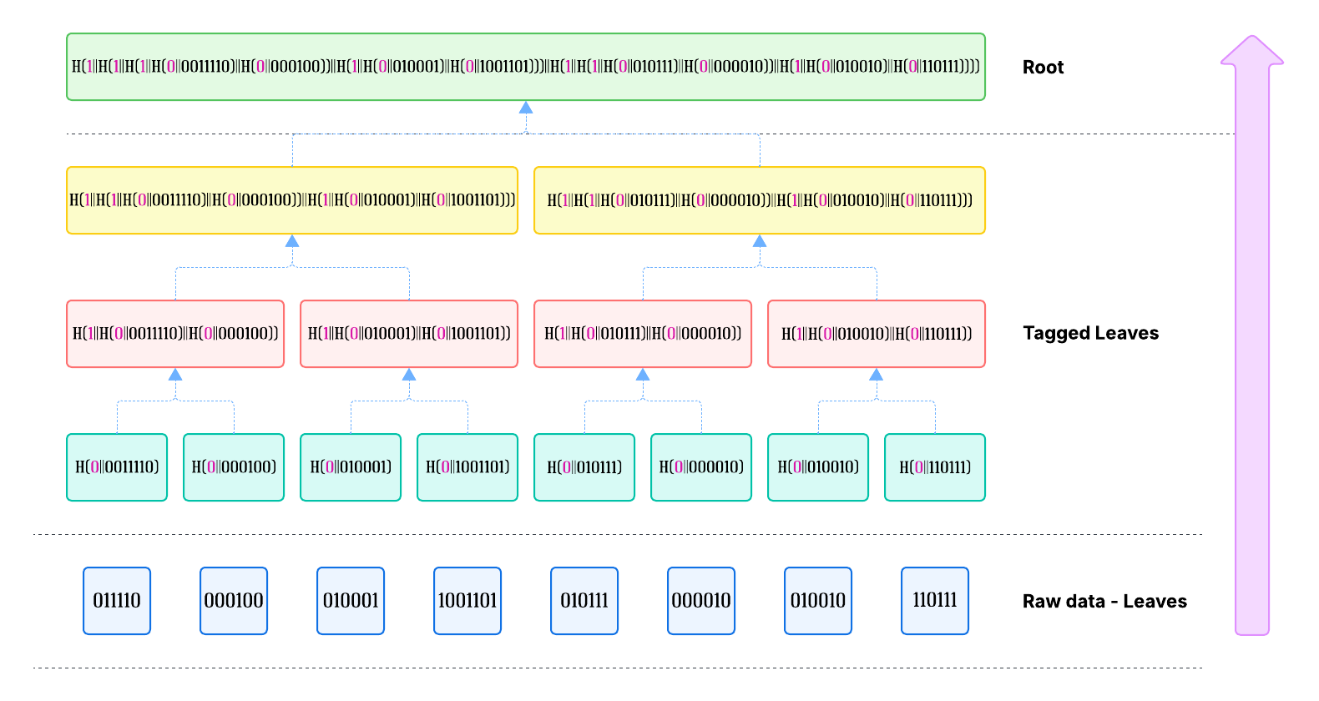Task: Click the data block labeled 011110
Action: [x=117, y=601]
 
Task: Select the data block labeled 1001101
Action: [x=467, y=601]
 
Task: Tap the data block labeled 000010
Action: [x=701, y=601]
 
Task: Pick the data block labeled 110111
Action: [x=935, y=601]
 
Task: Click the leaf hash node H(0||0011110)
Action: [x=117, y=467]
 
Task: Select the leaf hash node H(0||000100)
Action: [x=234, y=467]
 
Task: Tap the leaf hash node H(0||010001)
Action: [x=351, y=467]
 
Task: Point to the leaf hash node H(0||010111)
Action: [x=584, y=467]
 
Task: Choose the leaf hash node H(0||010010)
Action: [x=818, y=467]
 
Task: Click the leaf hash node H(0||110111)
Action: [x=935, y=467]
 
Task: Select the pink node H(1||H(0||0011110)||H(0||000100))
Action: [x=175, y=334]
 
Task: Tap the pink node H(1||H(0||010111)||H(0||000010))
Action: [x=643, y=334]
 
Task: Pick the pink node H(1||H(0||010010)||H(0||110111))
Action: [x=877, y=334]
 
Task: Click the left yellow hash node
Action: [x=292, y=200]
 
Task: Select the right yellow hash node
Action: [x=760, y=200]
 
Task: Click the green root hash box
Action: [x=526, y=67]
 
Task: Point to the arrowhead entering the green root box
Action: [x=526, y=108]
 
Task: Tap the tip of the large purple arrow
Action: [x=1252, y=38]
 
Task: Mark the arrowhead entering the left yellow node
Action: [x=292, y=241]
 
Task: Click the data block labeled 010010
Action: [x=818, y=601]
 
